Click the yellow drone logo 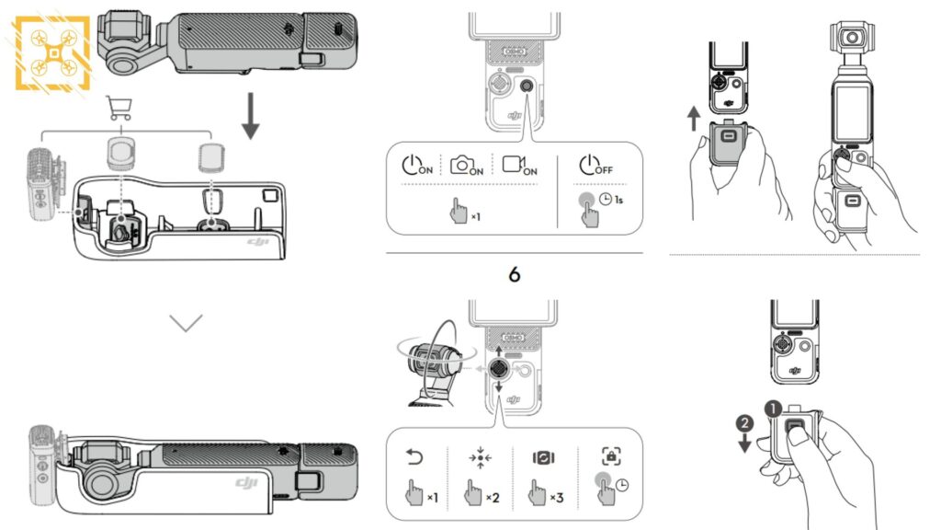[53, 52]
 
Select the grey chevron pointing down [186, 323]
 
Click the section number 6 [514, 274]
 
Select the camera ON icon [466, 166]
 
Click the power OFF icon [594, 166]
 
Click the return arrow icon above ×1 [412, 456]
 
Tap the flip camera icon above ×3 [542, 456]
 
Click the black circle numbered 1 [774, 407]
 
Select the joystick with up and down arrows [498, 367]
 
